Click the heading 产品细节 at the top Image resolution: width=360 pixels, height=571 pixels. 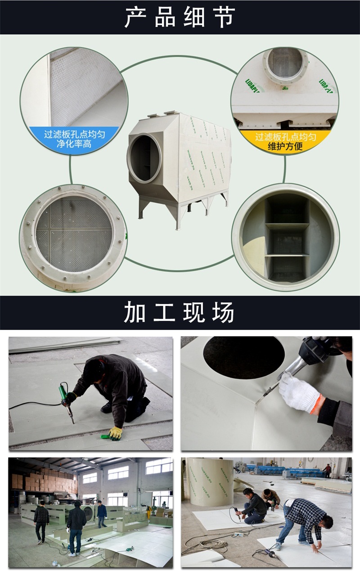coord(180,18)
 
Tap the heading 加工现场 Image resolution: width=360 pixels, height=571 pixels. coord(180,313)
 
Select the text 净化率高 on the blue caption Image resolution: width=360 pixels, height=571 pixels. coord(74,144)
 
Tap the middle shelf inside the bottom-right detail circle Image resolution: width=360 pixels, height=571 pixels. coord(287,226)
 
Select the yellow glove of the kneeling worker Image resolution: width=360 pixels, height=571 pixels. coord(115,432)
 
